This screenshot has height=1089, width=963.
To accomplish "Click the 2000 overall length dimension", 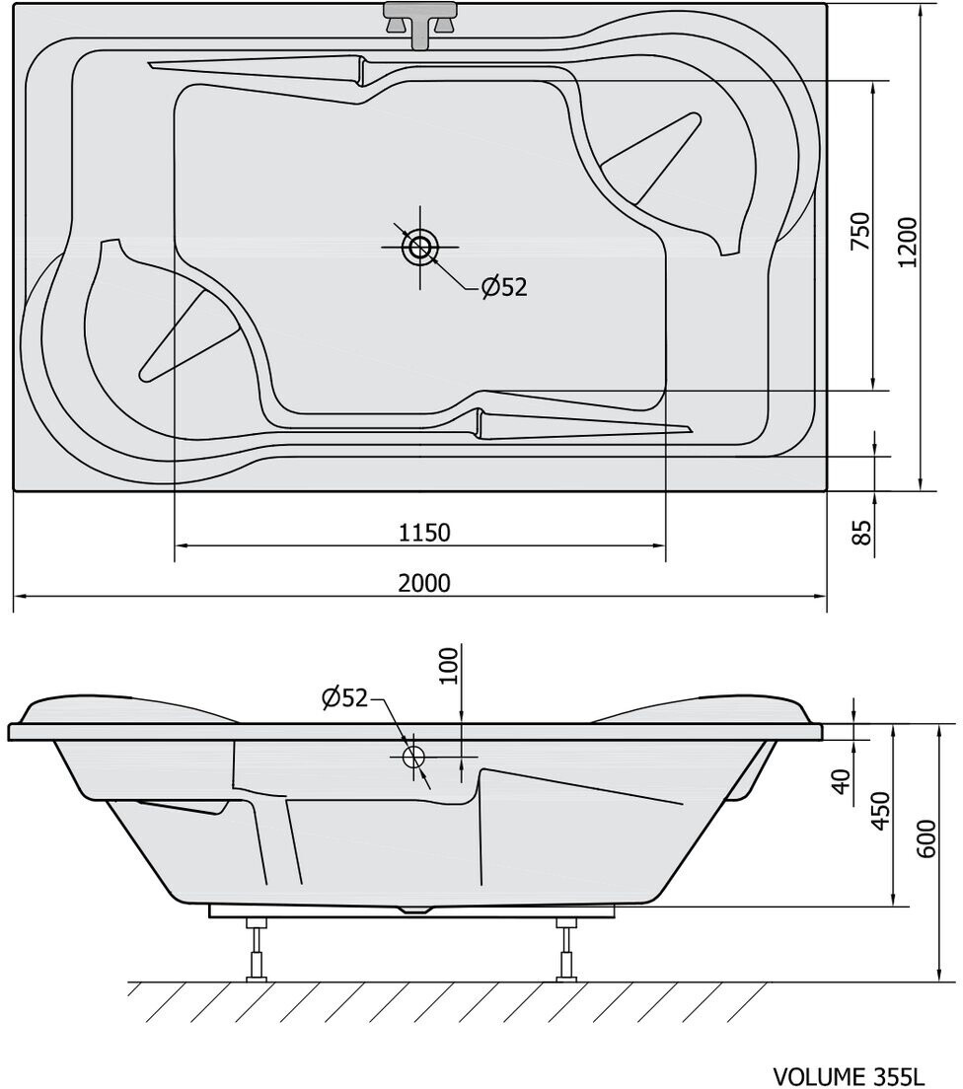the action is [424, 583].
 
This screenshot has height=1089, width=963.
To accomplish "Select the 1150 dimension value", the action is [424, 533].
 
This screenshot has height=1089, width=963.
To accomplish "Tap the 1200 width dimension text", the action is [907, 243].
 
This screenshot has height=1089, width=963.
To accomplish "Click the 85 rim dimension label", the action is [860, 533].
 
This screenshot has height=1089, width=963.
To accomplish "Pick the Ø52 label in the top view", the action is [504, 286].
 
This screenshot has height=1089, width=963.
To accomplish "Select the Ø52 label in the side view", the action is [344, 697].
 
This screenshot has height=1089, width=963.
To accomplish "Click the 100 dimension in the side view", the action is [450, 666].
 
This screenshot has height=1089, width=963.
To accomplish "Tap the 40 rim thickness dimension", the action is [842, 781].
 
